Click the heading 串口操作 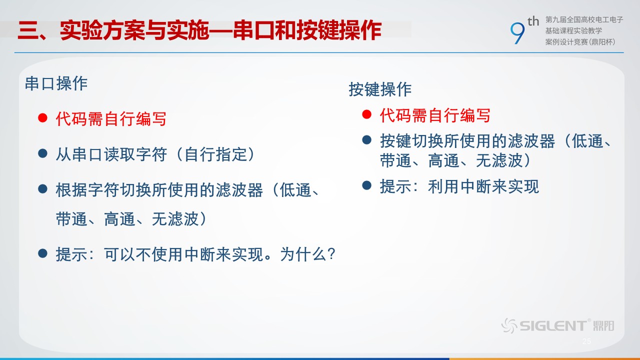click(x=56, y=83)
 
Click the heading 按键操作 click(x=380, y=89)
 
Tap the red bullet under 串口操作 click(x=42, y=117)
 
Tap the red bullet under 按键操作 click(x=366, y=114)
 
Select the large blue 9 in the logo click(x=517, y=33)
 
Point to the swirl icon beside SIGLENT click(x=509, y=325)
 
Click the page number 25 click(x=587, y=341)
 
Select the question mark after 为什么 click(x=331, y=253)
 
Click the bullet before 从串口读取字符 click(x=42, y=153)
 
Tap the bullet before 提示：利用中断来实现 click(x=366, y=185)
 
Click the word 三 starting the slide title click(x=27, y=30)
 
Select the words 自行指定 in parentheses click(x=215, y=154)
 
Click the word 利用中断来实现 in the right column click(x=483, y=186)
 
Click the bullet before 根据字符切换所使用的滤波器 click(x=42, y=189)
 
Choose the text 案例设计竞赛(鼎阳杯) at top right click(x=580, y=42)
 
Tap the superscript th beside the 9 click(x=533, y=21)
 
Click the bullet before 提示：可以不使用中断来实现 click(x=42, y=253)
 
